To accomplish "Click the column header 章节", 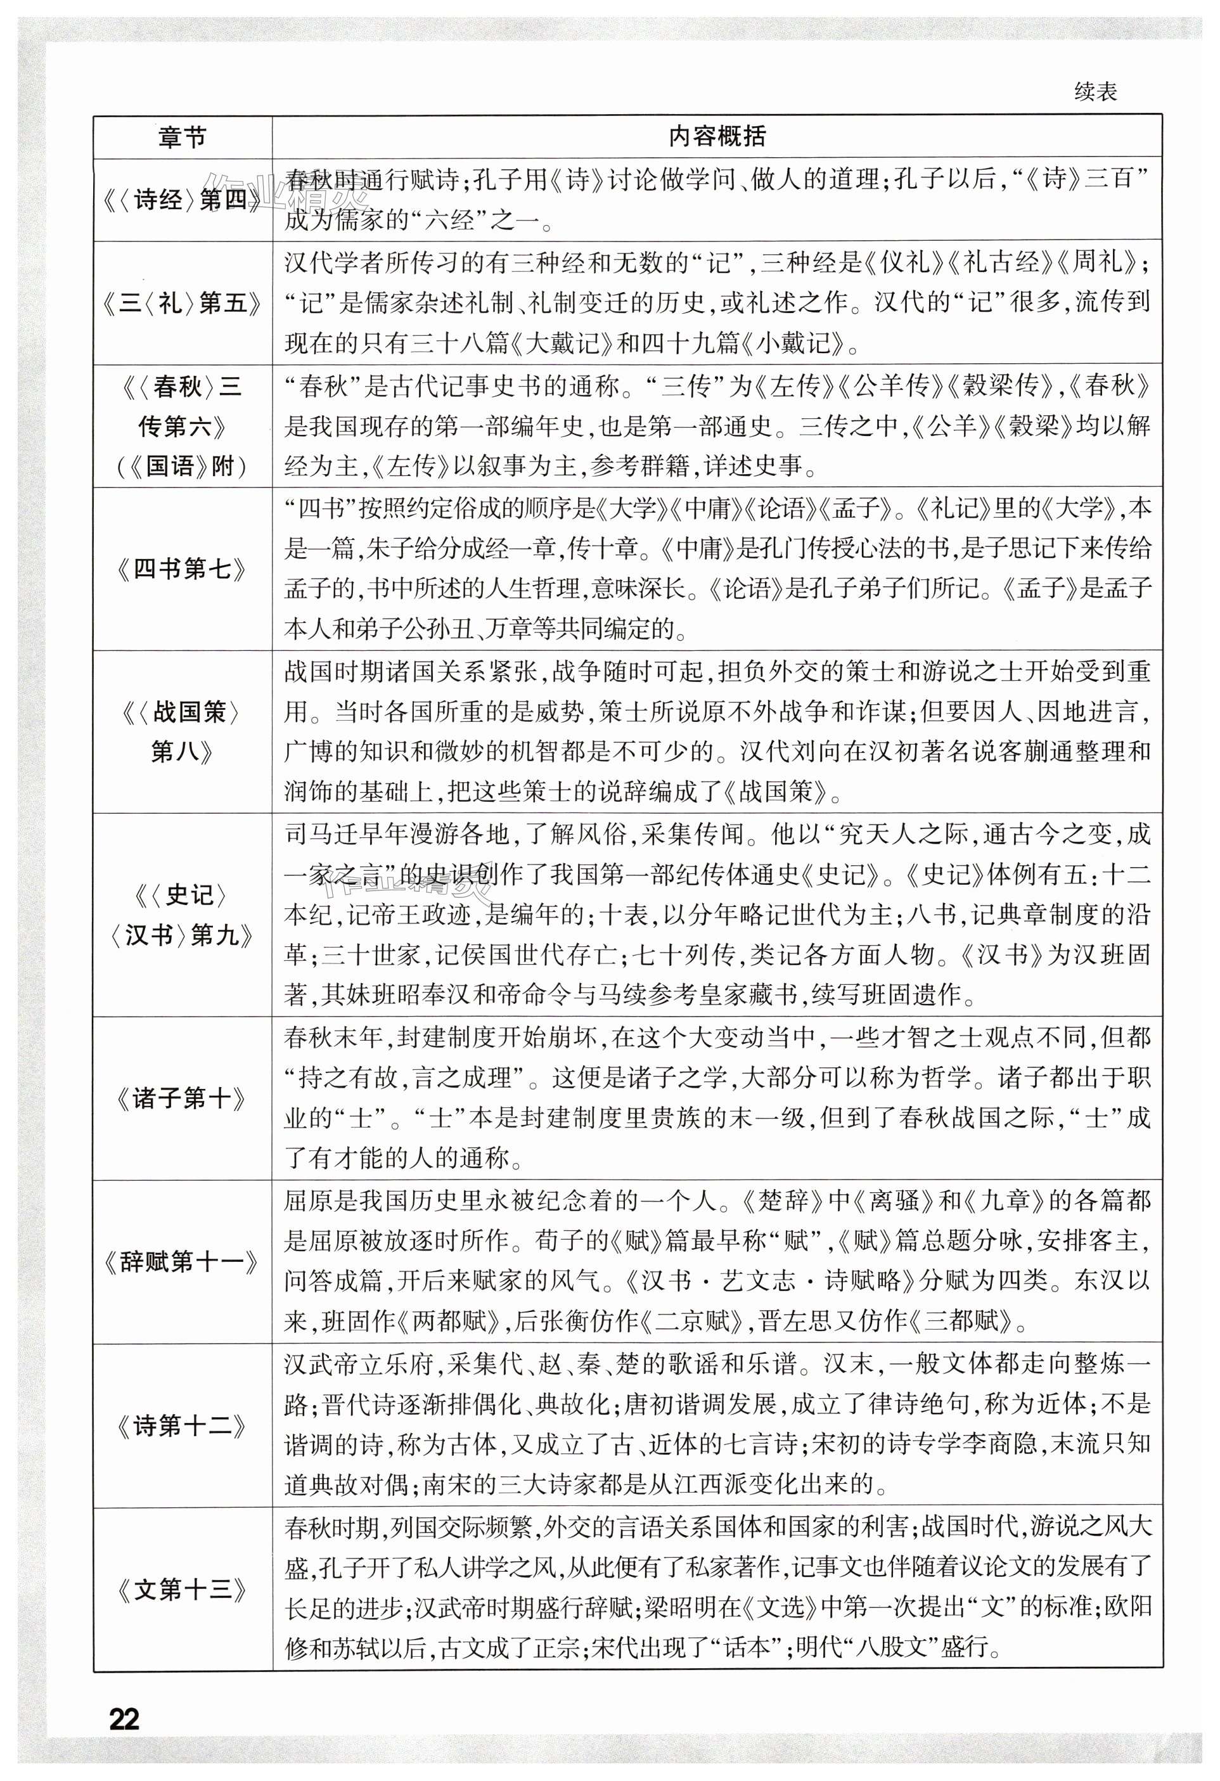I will pos(183,138).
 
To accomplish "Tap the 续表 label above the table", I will pos(1095,92).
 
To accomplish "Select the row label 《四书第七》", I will pos(183,569).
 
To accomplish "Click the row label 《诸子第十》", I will pos(183,1098).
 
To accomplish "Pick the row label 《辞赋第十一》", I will pos(183,1261).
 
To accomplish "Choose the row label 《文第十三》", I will pos(183,1590).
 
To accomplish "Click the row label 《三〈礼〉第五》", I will pos(183,303).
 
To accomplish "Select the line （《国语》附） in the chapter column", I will pos(183,466).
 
